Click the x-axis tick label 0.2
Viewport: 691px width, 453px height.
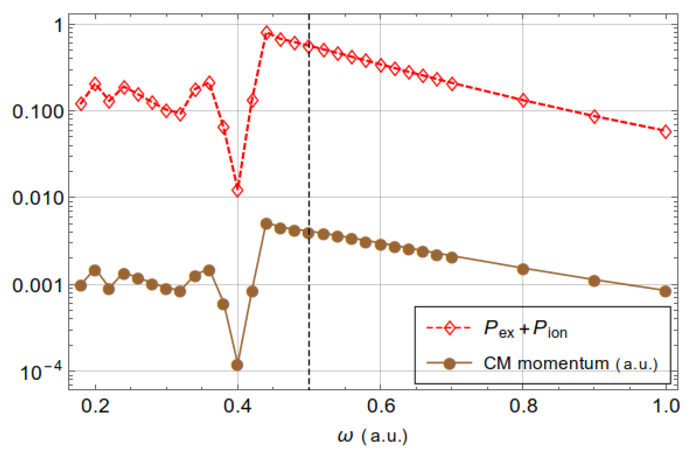click(x=95, y=406)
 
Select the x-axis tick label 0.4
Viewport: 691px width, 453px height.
click(x=238, y=406)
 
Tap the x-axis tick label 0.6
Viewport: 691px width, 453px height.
click(x=381, y=406)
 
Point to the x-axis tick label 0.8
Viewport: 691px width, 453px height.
click(x=523, y=406)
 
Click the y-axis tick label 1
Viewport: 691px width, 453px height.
click(x=59, y=25)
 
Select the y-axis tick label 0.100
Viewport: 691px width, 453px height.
click(x=38, y=112)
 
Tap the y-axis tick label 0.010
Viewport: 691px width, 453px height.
click(x=38, y=198)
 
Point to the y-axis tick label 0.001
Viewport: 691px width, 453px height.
click(x=38, y=285)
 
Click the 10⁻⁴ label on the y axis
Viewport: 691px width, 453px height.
click(x=41, y=372)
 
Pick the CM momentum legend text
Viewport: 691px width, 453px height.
click(x=571, y=363)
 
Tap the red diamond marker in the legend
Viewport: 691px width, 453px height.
click(x=449, y=328)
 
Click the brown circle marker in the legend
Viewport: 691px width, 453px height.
click(x=449, y=363)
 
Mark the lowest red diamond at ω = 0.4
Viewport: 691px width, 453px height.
click(x=238, y=190)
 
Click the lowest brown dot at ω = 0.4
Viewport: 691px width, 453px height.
click(x=237, y=365)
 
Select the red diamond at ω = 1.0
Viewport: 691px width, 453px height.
click(x=665, y=132)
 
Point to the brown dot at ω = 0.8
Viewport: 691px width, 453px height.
click(x=523, y=269)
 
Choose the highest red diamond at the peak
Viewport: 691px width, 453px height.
click(x=266, y=33)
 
